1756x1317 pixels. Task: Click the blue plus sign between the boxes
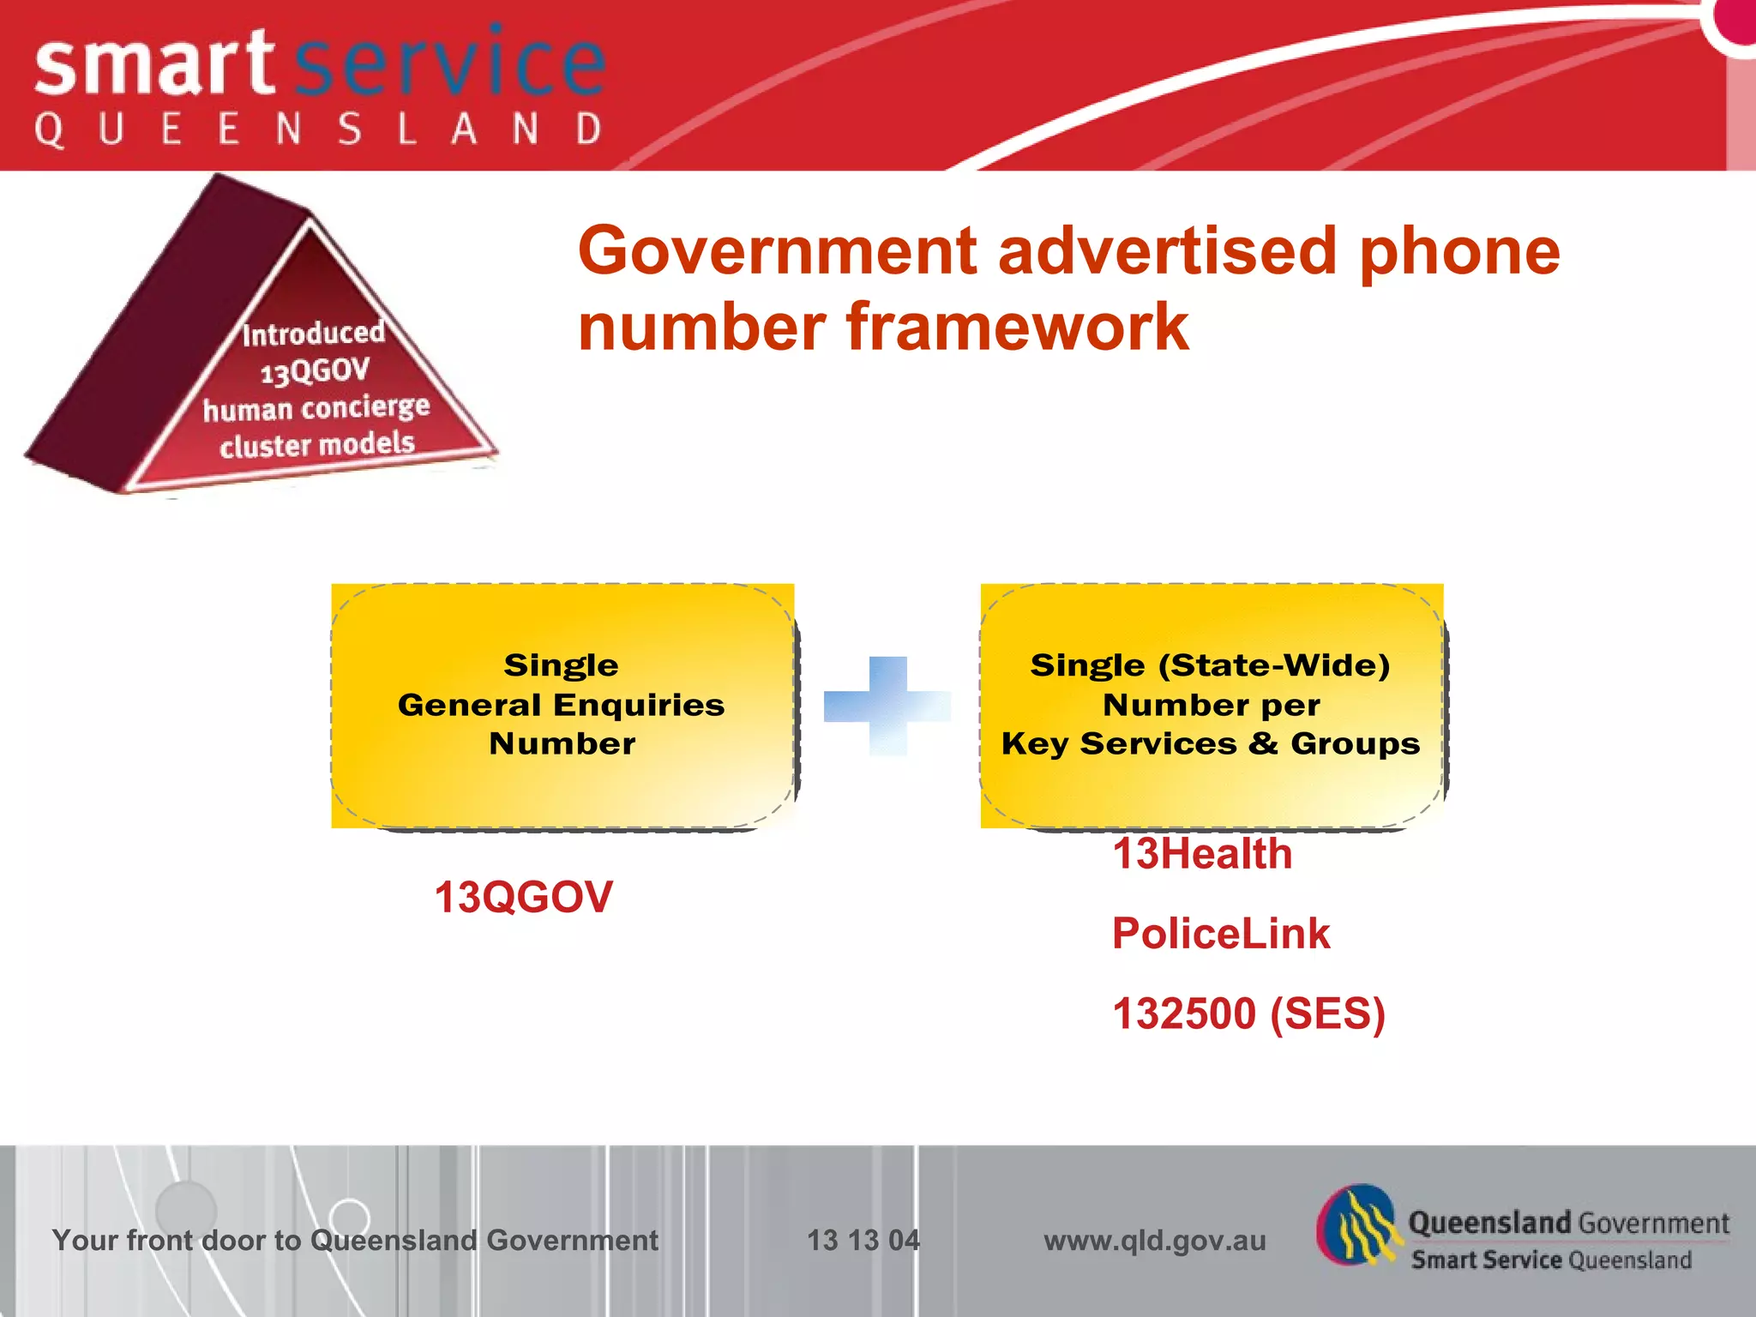coord(887,706)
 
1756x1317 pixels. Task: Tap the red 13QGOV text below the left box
coord(523,898)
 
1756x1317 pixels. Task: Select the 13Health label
coord(1202,855)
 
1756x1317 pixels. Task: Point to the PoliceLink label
coord(1220,934)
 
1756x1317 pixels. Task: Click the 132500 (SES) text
coord(1248,1013)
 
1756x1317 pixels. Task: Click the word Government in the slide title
coord(777,251)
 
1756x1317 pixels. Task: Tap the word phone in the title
coord(1459,251)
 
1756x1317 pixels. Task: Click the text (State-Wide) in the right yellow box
coord(1273,665)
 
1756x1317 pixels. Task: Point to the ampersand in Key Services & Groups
coord(1263,743)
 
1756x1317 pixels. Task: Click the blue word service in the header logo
coord(449,65)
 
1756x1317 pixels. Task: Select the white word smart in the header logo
coord(154,65)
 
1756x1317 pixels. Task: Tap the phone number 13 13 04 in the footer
coord(863,1240)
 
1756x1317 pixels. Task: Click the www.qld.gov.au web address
coord(1154,1240)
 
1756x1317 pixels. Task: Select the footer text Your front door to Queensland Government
coord(355,1240)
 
